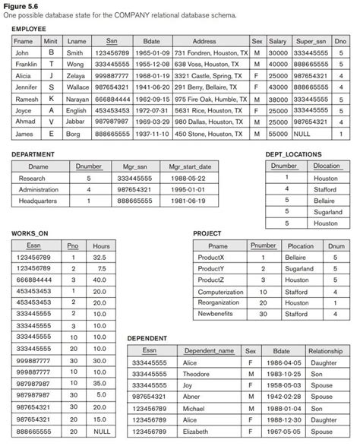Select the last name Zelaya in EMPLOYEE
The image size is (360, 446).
[76, 77]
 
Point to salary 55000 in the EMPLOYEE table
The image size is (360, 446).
[278, 134]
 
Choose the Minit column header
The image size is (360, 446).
[51, 40]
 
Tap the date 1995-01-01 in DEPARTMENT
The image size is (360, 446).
[190, 189]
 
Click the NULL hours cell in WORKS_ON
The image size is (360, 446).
[100, 429]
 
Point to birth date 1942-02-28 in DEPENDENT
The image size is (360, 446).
[282, 397]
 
